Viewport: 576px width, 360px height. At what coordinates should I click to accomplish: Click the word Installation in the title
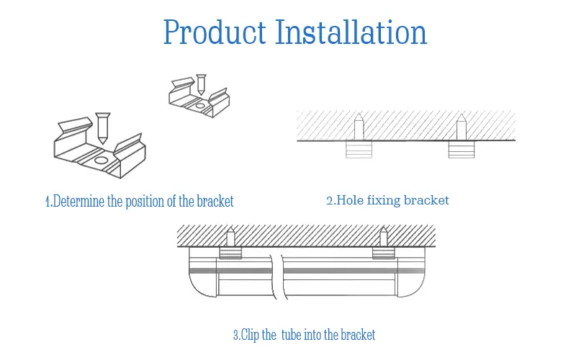[351, 32]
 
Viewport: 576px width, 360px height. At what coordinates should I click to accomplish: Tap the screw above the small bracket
[200, 84]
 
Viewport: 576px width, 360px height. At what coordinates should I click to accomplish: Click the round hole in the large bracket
[102, 160]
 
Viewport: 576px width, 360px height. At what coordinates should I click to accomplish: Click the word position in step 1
[145, 201]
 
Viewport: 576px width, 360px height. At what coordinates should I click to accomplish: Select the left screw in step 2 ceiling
[358, 127]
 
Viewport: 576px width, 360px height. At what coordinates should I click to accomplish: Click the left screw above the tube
[230, 238]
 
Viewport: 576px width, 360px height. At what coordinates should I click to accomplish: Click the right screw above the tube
[383, 238]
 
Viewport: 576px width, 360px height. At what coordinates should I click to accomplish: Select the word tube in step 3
[294, 335]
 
